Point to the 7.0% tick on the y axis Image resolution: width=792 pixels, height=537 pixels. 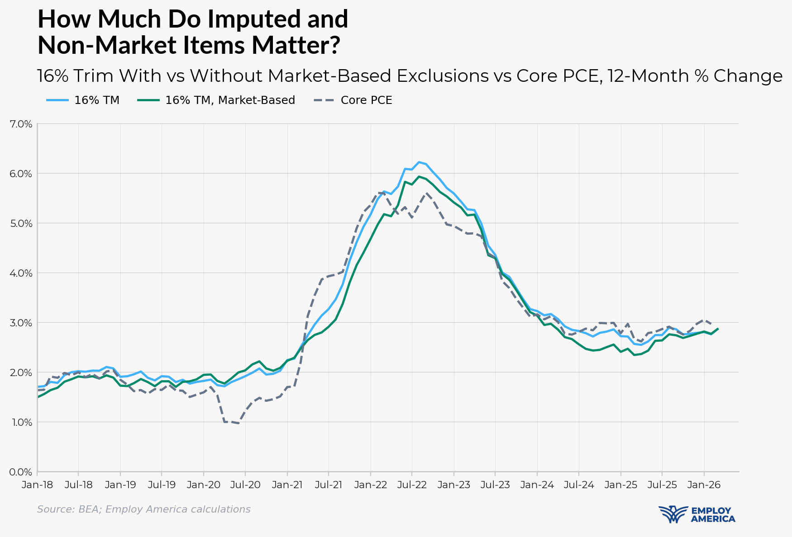(21, 124)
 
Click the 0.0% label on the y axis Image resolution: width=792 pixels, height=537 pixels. (21, 472)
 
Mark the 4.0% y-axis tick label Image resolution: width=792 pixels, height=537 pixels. (21, 273)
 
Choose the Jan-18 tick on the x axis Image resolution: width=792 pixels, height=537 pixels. (38, 485)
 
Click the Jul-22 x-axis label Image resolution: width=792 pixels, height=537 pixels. (412, 485)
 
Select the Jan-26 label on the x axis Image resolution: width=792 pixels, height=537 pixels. (704, 485)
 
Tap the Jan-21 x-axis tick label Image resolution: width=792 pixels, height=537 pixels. (287, 485)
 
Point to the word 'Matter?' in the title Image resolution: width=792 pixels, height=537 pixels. (296, 45)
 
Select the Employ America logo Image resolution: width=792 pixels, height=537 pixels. (697, 514)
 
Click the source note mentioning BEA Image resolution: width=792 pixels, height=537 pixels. (143, 509)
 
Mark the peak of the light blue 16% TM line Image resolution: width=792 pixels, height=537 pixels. (419, 162)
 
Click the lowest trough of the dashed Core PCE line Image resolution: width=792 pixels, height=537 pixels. (239, 424)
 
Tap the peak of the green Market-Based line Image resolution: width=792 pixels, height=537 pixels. (419, 176)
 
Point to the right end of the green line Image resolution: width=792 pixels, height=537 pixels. (718, 329)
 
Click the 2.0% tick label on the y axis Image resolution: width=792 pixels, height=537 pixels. (21, 372)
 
